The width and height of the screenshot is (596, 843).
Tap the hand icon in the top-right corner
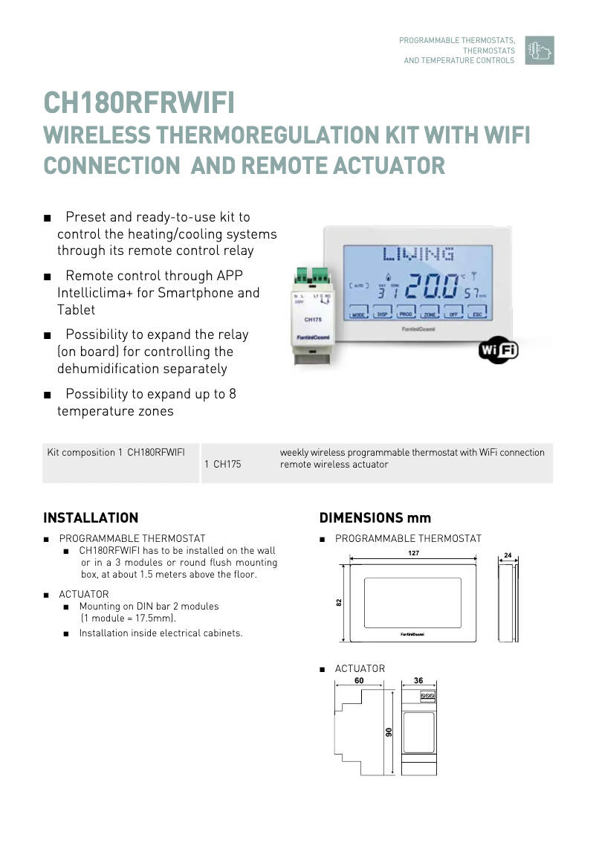pyautogui.click(x=539, y=51)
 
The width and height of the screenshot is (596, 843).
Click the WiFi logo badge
pyautogui.click(x=498, y=350)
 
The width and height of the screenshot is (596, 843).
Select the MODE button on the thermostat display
pyautogui.click(x=360, y=314)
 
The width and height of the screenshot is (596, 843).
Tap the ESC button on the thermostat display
pyautogui.click(x=477, y=314)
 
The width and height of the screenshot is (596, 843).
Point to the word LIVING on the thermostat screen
pyautogui.click(x=418, y=255)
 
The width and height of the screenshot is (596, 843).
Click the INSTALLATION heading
pyautogui.click(x=91, y=518)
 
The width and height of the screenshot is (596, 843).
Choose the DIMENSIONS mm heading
pyautogui.click(x=375, y=518)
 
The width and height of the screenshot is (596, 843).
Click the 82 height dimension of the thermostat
pyautogui.click(x=339, y=602)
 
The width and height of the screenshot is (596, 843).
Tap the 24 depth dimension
pyautogui.click(x=508, y=555)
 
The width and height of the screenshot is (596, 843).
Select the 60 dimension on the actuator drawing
pyautogui.click(x=359, y=680)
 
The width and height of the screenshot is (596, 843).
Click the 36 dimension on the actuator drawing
pyautogui.click(x=418, y=680)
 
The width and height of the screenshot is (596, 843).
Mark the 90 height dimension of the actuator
pyautogui.click(x=388, y=733)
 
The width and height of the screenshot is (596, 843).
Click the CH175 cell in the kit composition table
pyautogui.click(x=227, y=465)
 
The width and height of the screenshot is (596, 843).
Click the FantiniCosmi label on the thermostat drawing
pyautogui.click(x=412, y=634)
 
